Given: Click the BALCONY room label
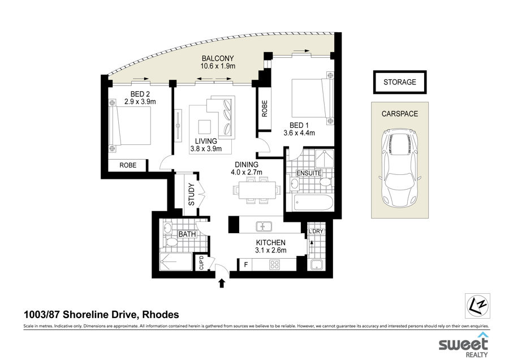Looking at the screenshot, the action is coord(218,58).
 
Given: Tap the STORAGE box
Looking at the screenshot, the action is coord(400,82).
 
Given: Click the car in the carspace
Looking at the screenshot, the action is coord(400,168).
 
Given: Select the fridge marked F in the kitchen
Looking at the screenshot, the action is coord(246,264).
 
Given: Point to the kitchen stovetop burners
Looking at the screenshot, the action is coord(275,264).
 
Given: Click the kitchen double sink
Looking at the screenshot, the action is coord(264,226).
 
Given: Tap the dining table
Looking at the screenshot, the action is coord(257,190).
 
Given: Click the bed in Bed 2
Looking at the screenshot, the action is coord(130,126).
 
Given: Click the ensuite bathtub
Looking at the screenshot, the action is coord(313,203).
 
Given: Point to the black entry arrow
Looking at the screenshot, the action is coord(222,283).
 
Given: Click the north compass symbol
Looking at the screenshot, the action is coord(477,306).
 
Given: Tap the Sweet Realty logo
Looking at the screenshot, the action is coord(464,345).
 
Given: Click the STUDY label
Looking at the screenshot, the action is coord(191,194).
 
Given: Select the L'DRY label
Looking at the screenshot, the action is coord(316,231).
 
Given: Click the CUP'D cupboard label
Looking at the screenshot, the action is coord(201,263).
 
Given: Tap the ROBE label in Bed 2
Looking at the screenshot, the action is coord(128,165).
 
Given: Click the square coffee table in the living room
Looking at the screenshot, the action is coord(205,126).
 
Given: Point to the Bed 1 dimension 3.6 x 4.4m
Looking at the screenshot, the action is coord(299,132).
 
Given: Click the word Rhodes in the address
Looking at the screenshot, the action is coord(161,315).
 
